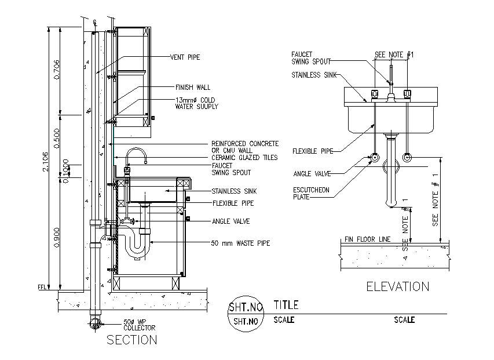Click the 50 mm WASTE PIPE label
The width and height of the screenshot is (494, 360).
(240, 243)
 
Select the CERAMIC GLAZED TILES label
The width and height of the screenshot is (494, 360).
(244, 158)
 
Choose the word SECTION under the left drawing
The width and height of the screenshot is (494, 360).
(131, 340)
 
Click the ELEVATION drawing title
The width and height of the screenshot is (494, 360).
(397, 286)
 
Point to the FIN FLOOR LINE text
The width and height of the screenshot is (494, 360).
(368, 239)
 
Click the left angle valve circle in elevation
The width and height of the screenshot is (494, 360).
(375, 158)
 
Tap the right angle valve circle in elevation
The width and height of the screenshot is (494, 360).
(408, 158)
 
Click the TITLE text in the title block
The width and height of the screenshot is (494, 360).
(286, 305)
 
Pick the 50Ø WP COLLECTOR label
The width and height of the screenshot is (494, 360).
(140, 325)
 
